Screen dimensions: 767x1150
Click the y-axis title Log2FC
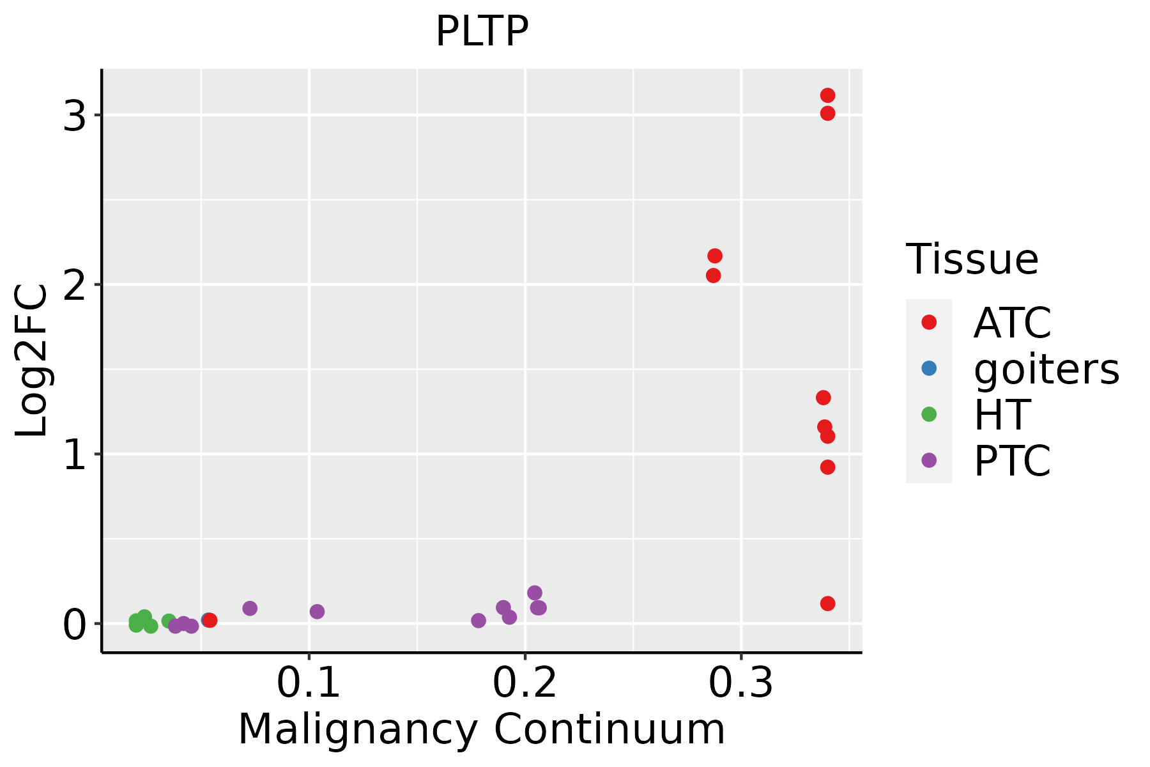[32, 361]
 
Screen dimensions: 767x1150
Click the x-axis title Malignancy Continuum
[482, 730]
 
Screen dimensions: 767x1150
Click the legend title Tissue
[972, 260]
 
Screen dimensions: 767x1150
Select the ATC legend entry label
[1012, 323]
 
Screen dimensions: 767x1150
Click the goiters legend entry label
[1046, 369]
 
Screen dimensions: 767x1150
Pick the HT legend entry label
[1002, 415]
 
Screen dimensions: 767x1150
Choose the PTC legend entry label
[1012, 461]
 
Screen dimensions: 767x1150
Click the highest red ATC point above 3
[827, 95]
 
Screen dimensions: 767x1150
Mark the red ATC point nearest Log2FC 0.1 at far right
[827, 603]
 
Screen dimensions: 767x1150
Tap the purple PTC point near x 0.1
[317, 612]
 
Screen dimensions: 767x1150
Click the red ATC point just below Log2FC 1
[827, 467]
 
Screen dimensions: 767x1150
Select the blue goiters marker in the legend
[929, 368]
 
